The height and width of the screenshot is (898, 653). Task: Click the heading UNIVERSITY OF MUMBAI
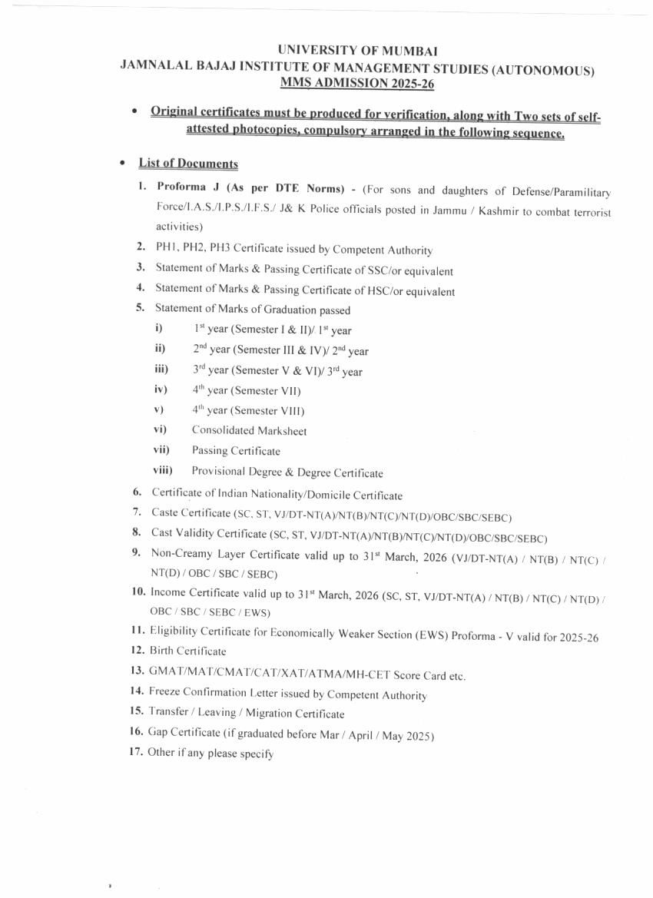tap(358, 51)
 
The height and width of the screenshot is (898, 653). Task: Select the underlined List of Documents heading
tap(188, 164)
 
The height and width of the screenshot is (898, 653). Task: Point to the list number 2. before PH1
tap(141, 247)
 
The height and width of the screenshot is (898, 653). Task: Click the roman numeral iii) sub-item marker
tap(161, 369)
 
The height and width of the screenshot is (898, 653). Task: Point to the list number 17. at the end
tap(137, 752)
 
